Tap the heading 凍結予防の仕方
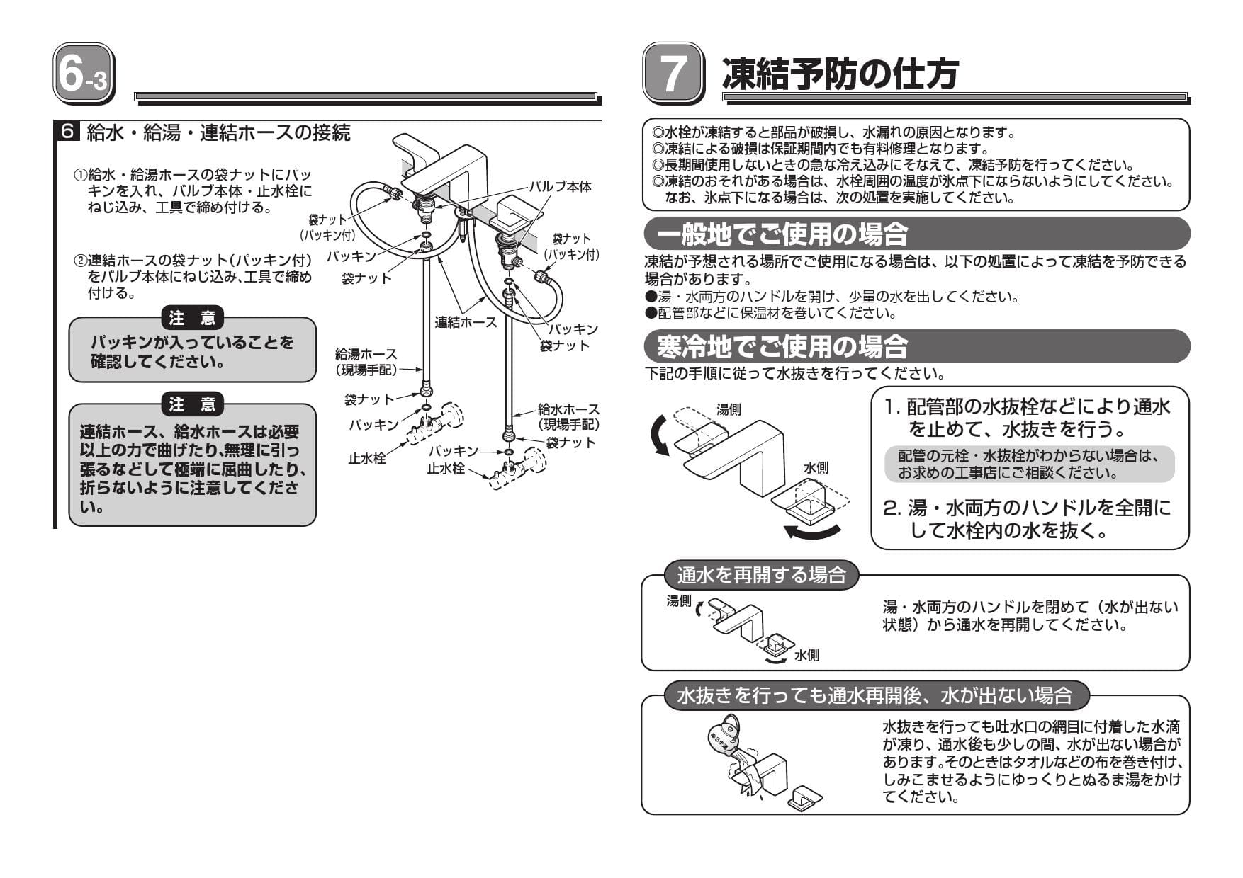(840, 74)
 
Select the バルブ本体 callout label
(560, 186)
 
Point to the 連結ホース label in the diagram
(466, 323)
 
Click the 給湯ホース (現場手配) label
(366, 361)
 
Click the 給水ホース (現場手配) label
(568, 416)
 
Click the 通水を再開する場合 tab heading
(761, 575)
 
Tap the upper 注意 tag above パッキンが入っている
(192, 319)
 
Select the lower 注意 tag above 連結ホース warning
(192, 404)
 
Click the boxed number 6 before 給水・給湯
(67, 132)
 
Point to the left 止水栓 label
(366, 458)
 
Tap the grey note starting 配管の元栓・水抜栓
(1029, 464)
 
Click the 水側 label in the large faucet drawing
(816, 468)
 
